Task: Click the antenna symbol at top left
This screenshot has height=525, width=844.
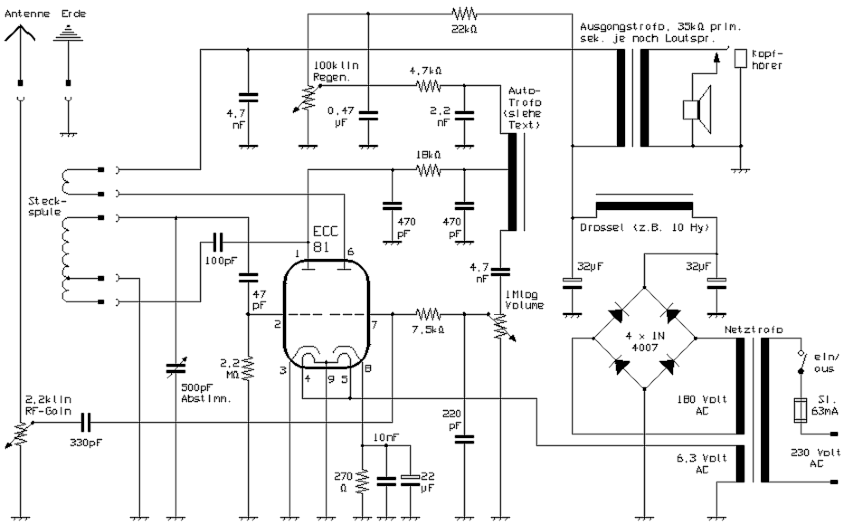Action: click(x=20, y=34)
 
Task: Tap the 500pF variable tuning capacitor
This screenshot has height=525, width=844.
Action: click(x=175, y=368)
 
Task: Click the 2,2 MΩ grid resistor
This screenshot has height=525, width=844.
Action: click(x=248, y=367)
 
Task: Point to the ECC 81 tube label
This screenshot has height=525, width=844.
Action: click(x=325, y=239)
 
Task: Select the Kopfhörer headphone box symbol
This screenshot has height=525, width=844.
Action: click(x=740, y=58)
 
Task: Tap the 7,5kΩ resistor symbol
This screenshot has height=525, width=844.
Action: click(x=427, y=314)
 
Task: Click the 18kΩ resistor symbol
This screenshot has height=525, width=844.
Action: click(x=427, y=170)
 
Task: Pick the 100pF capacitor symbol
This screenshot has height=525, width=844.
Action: click(x=218, y=242)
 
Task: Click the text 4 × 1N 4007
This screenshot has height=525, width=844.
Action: click(x=645, y=342)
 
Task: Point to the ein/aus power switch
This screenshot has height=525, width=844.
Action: click(x=801, y=362)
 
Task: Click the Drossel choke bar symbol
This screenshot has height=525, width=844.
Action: click(x=644, y=206)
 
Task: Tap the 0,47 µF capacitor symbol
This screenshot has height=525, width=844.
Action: click(x=368, y=116)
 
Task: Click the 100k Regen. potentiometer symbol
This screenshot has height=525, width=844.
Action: click(x=308, y=99)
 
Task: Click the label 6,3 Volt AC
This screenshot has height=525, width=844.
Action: click(x=702, y=464)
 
